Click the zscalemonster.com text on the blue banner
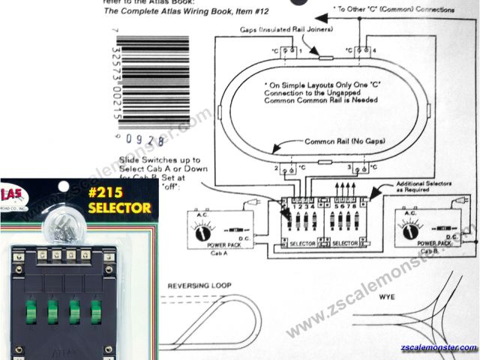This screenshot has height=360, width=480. [x=439, y=348]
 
